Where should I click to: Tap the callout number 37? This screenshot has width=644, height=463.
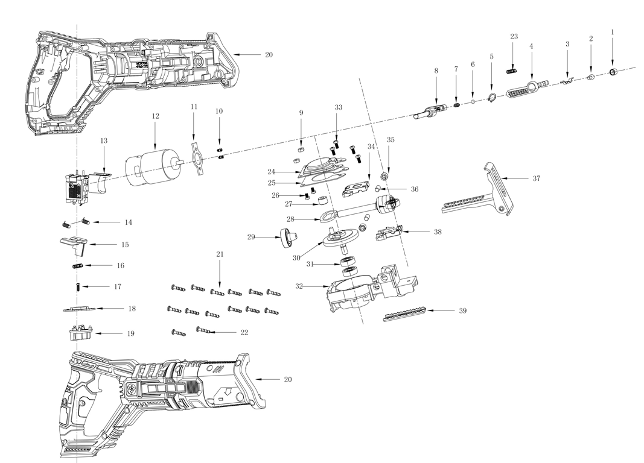click(535, 178)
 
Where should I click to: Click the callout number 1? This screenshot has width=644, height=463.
click(612, 31)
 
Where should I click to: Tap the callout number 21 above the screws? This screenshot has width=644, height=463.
click(220, 254)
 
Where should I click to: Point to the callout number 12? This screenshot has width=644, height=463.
click(155, 116)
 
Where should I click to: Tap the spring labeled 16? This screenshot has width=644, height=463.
click(77, 266)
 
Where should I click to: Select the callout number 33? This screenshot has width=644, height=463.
click(339, 107)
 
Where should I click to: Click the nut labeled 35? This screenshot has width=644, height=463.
click(383, 175)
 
